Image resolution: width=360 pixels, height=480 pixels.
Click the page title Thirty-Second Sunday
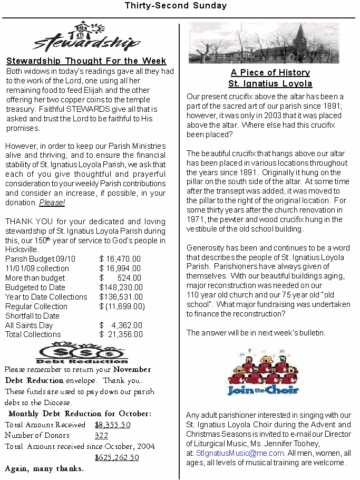[x=176, y=6]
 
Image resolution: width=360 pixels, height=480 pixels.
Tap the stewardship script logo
[x=86, y=38]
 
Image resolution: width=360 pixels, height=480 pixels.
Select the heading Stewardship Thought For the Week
[x=86, y=61]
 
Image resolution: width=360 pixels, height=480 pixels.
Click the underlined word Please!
[x=52, y=203]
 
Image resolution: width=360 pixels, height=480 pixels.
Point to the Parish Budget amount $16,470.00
[x=120, y=259]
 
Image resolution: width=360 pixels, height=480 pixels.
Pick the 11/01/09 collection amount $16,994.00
[x=120, y=268]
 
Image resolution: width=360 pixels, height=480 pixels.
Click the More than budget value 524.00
[x=129, y=278]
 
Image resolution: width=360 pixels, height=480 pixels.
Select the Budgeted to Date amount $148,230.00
[x=121, y=287]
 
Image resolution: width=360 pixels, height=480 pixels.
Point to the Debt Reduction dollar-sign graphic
[x=82, y=352]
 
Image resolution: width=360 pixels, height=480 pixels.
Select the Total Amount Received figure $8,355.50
[x=113, y=425]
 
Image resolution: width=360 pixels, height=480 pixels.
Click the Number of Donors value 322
[x=102, y=435]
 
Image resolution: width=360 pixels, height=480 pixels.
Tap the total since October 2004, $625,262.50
[x=117, y=457]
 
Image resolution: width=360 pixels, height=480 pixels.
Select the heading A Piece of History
[x=270, y=72]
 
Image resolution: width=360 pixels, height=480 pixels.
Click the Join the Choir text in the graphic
[x=263, y=390]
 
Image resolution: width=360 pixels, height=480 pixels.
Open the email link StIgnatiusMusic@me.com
[x=240, y=453]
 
